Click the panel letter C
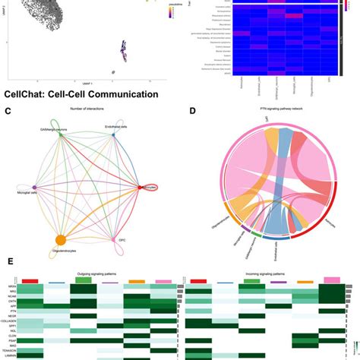tap(8, 112)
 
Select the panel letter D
tap(191, 112)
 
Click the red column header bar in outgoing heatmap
tap(30, 281)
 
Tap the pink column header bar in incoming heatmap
tap(332, 280)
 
